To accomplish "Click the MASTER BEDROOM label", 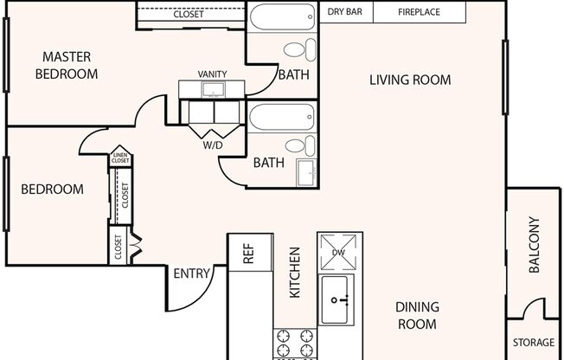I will [x=67, y=66].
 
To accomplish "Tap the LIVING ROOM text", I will [x=410, y=80].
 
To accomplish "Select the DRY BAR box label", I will [x=344, y=13].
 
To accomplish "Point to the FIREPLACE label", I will [x=420, y=13].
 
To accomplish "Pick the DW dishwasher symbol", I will [x=338, y=252].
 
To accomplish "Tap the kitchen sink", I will [x=339, y=299].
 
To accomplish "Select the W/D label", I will [x=212, y=145].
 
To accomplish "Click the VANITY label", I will [x=213, y=74].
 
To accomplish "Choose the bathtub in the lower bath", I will [x=282, y=117].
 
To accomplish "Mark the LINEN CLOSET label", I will [x=120, y=158].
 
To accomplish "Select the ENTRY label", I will [x=191, y=273].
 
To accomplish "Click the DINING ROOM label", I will [x=417, y=315].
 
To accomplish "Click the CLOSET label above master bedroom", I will [x=189, y=15].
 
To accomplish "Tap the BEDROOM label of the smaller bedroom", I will [x=52, y=190].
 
